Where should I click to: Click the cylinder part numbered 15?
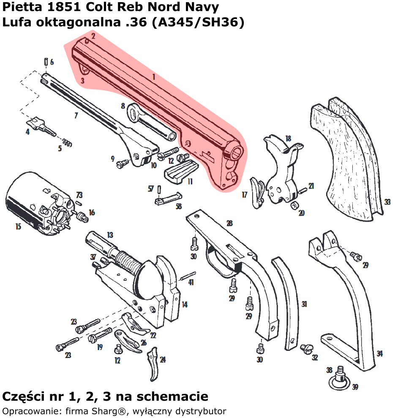coord(32,203)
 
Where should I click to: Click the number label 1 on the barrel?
coord(154,77)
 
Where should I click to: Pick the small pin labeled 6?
coord(45,62)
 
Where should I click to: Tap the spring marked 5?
coord(67,142)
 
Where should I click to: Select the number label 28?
coord(229,223)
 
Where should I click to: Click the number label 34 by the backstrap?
coord(380,354)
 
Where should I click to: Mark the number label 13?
coord(110,235)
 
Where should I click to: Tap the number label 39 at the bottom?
coord(355,387)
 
